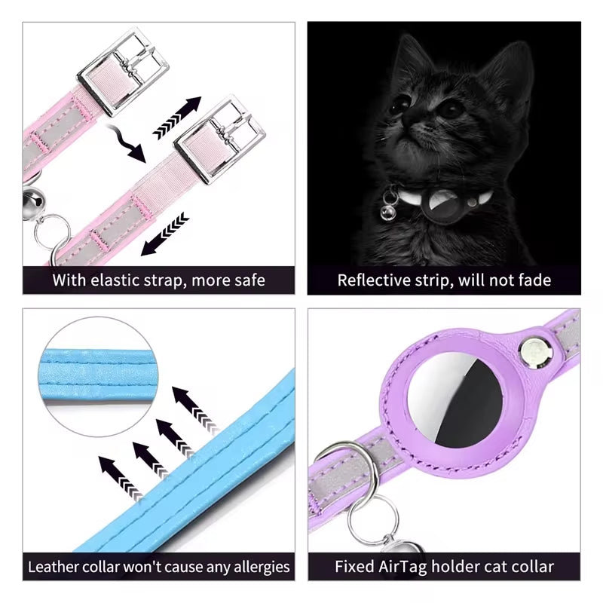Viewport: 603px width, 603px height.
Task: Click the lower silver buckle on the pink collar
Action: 220,137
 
